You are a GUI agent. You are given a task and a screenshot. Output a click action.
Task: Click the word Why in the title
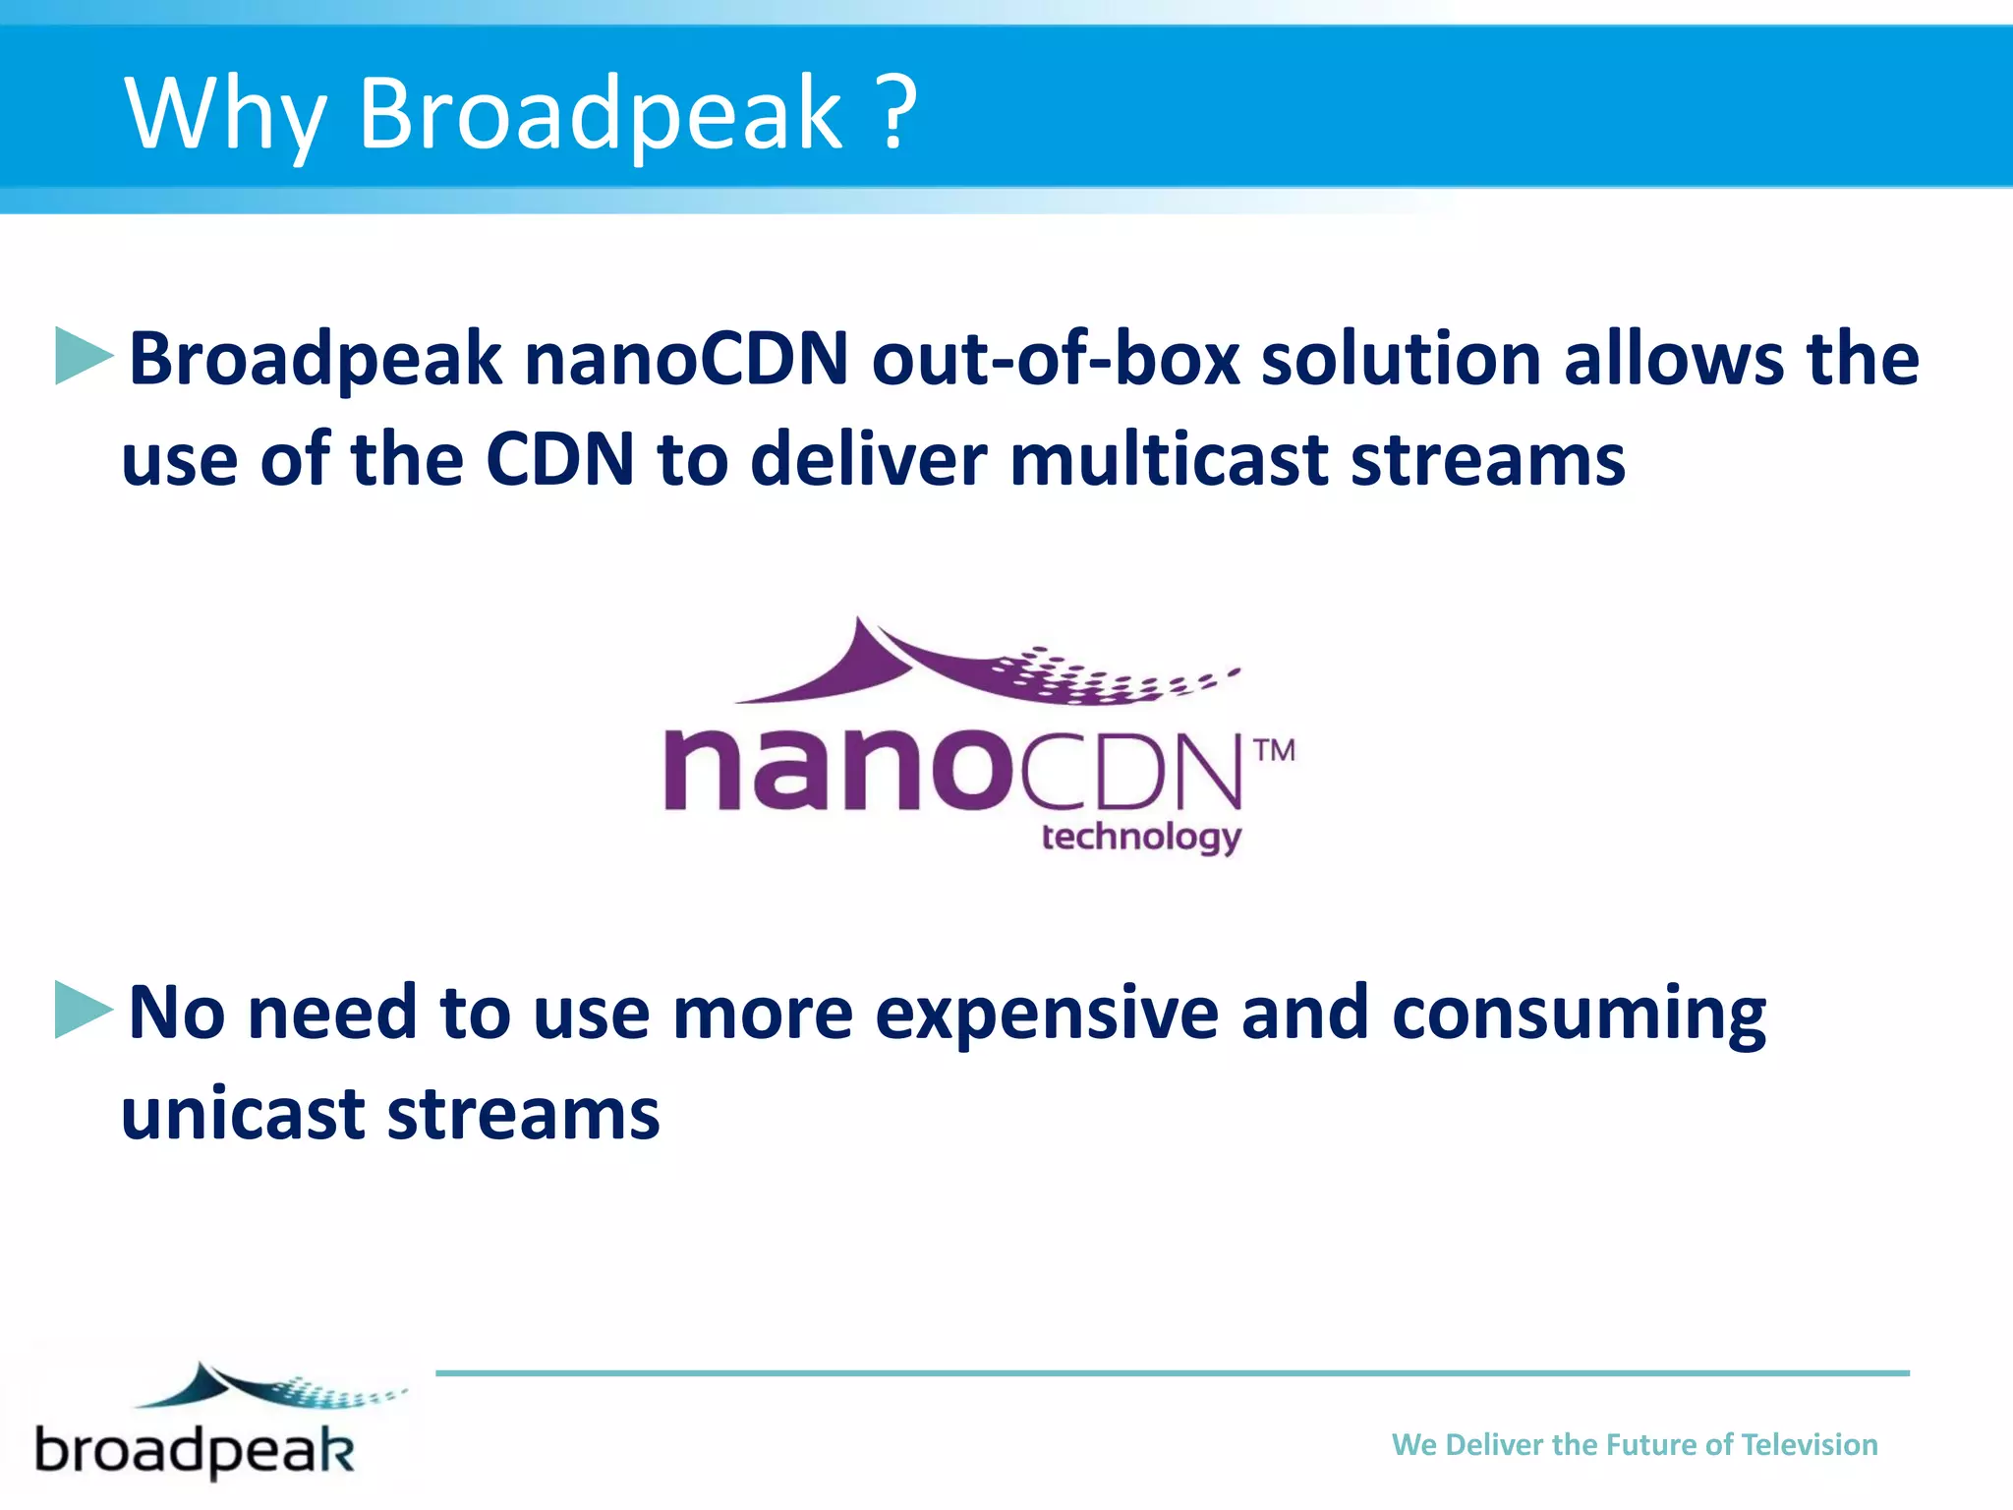(x=224, y=114)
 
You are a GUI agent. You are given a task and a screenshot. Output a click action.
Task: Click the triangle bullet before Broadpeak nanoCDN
(x=85, y=356)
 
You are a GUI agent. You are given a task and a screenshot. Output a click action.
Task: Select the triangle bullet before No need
(x=85, y=1010)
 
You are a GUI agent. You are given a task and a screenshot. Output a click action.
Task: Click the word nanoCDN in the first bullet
(x=686, y=358)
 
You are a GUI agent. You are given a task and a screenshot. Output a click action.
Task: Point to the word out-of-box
(x=1056, y=358)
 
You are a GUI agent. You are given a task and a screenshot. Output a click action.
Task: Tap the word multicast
(x=1168, y=459)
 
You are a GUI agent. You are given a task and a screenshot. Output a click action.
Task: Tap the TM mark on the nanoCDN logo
(x=1275, y=751)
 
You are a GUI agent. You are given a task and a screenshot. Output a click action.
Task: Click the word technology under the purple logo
(x=1141, y=837)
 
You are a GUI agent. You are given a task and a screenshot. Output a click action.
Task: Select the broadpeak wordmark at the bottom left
(x=195, y=1450)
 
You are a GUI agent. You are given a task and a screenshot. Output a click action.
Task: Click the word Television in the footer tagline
(x=1809, y=1444)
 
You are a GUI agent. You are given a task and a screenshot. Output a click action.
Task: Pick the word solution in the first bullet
(x=1401, y=358)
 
